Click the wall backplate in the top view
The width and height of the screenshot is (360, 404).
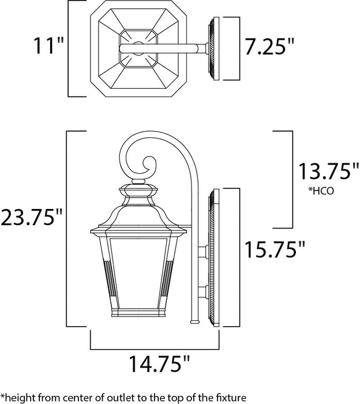click(x=214, y=48)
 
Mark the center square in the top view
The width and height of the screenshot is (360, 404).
click(x=138, y=48)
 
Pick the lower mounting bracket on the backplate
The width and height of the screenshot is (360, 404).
click(x=202, y=291)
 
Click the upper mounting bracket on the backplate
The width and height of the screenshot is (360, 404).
click(x=202, y=252)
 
